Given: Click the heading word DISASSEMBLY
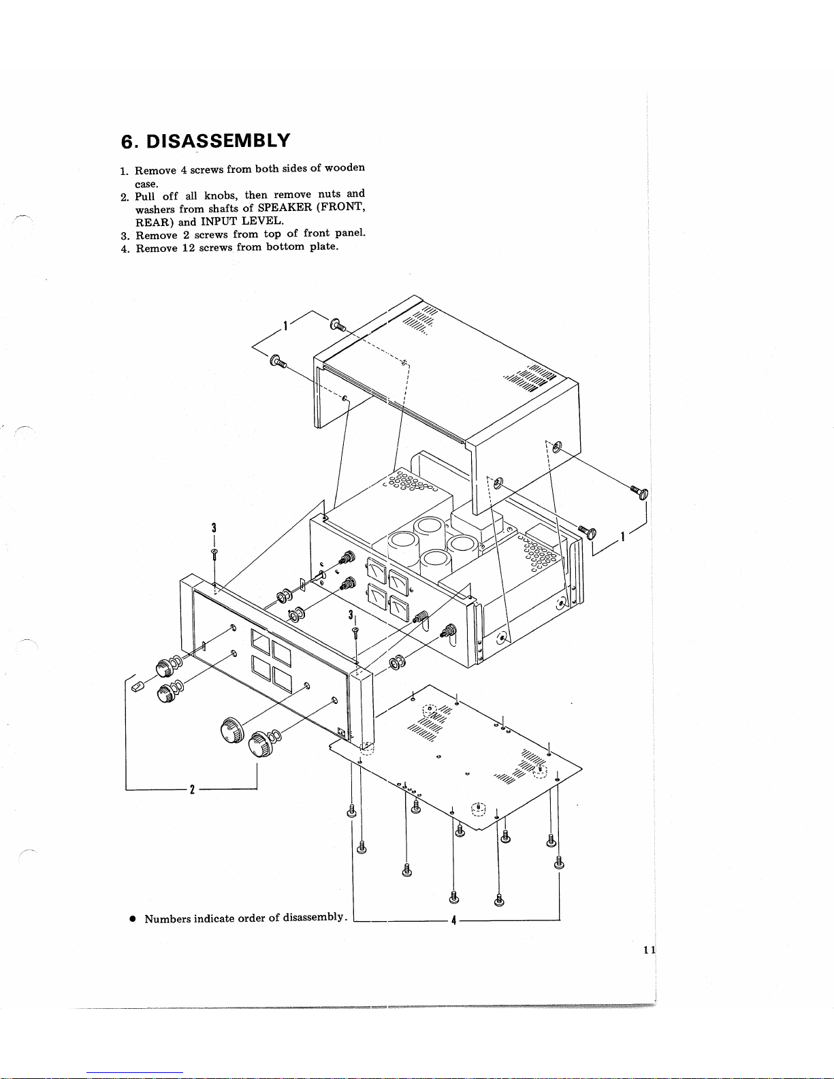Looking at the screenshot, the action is click(x=218, y=141).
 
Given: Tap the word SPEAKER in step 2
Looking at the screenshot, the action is click(x=285, y=208).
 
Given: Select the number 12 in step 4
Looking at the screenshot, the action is click(x=188, y=248).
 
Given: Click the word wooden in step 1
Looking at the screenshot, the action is click(x=344, y=168).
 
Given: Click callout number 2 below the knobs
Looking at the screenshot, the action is click(x=192, y=789).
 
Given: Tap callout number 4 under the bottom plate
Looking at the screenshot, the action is click(x=453, y=920).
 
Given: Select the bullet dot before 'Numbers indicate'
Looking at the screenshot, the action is click(x=133, y=918).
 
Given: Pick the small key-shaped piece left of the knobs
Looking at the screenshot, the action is click(x=138, y=686).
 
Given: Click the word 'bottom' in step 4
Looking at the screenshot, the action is click(x=285, y=247).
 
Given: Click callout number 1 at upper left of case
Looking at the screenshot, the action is click(x=285, y=326).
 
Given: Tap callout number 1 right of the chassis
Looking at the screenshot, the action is click(x=622, y=536).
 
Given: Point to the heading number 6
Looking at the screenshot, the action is click(x=127, y=142).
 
